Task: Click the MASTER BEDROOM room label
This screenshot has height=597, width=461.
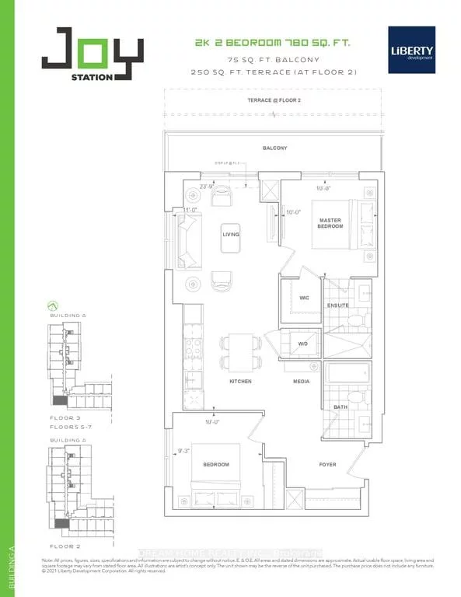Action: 330,224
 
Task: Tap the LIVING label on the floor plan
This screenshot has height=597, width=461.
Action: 230,234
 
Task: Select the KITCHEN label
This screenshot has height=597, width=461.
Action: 239,382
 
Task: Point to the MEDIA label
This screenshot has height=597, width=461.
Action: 301,382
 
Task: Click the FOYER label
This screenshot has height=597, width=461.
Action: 328,465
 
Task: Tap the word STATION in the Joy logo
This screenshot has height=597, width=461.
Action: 95,75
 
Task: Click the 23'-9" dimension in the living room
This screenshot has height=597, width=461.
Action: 207,187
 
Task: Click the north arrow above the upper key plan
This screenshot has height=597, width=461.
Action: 53,305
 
